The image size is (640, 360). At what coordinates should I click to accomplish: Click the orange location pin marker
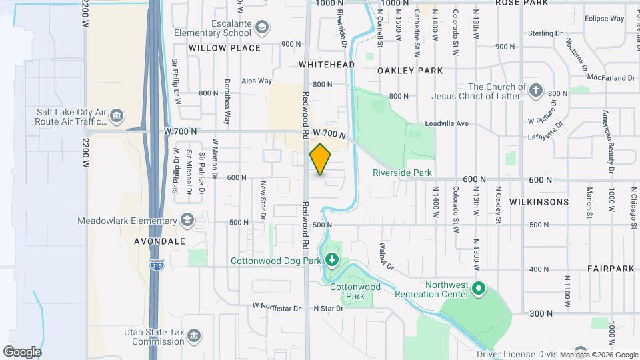(320, 159)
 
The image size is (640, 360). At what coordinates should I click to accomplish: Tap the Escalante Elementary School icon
(263, 27)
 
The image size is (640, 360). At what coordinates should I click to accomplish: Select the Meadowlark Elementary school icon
(187, 220)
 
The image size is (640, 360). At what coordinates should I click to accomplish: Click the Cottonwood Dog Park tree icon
(331, 259)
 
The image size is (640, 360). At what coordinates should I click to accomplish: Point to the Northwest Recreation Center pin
(478, 289)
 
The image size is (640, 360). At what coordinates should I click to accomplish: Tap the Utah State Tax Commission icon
(193, 335)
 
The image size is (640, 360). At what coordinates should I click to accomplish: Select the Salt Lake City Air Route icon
(117, 117)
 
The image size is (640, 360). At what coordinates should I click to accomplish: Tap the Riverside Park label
(402, 173)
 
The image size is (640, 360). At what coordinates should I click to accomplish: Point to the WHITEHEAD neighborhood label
(326, 65)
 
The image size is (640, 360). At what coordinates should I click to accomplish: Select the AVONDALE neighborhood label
(159, 241)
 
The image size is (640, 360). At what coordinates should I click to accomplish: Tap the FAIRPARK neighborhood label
(611, 268)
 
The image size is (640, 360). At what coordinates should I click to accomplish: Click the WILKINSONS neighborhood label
(539, 201)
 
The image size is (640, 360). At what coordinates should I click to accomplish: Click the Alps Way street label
(257, 81)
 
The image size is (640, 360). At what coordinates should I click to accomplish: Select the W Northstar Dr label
(277, 307)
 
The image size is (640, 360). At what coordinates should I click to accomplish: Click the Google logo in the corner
(22, 351)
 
